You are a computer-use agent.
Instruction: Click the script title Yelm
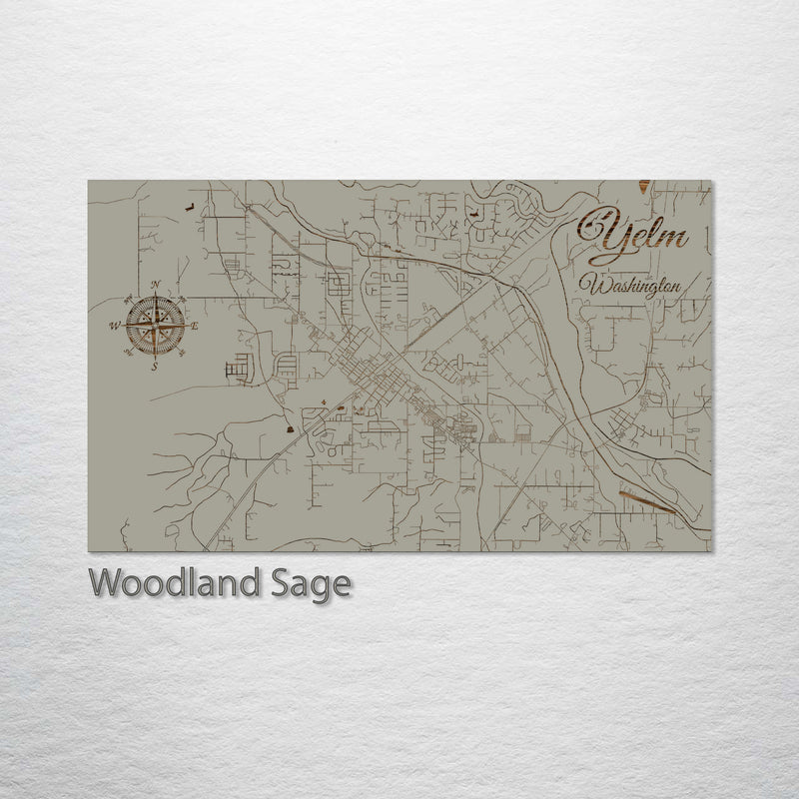(635, 234)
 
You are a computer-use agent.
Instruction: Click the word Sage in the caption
(318, 584)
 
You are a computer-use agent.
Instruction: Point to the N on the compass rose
(156, 286)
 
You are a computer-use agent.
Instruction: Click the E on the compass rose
(195, 327)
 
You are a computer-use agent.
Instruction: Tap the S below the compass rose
(155, 367)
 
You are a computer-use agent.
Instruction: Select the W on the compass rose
(115, 326)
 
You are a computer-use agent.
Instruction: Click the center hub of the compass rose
(155, 326)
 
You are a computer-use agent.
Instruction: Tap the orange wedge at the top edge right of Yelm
(645, 186)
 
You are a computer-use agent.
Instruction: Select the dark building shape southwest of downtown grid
(290, 427)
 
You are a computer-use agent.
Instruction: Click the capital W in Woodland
(104, 582)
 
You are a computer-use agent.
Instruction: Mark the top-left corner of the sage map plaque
(89, 181)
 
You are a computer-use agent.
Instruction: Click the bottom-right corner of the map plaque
(711, 551)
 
